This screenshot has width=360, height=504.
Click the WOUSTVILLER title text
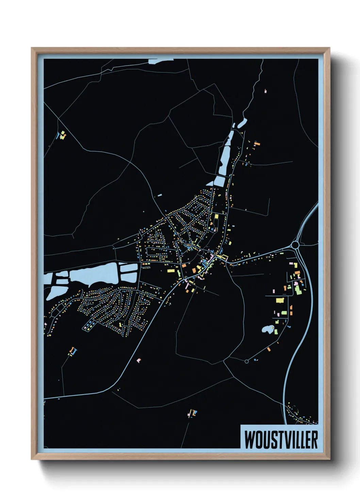pos(281,440)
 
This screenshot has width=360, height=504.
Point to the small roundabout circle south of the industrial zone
pos(247,361)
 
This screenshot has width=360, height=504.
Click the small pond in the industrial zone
pos(267,329)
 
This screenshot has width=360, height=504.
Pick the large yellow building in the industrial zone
pos(279,300)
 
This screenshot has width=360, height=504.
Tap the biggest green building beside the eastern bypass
pos(298,290)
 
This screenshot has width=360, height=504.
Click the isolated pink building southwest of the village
pos(138,360)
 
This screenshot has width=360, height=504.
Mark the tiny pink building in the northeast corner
pos(266,91)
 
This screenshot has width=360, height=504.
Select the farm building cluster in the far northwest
pos(62,135)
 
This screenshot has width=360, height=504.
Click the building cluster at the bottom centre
pos(193,413)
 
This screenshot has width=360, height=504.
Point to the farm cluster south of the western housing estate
pos(72,351)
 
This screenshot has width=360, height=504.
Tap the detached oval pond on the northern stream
pos(242,123)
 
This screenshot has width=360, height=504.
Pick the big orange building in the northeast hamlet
pos(257,144)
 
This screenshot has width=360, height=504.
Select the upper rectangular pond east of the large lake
pos(129,268)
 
